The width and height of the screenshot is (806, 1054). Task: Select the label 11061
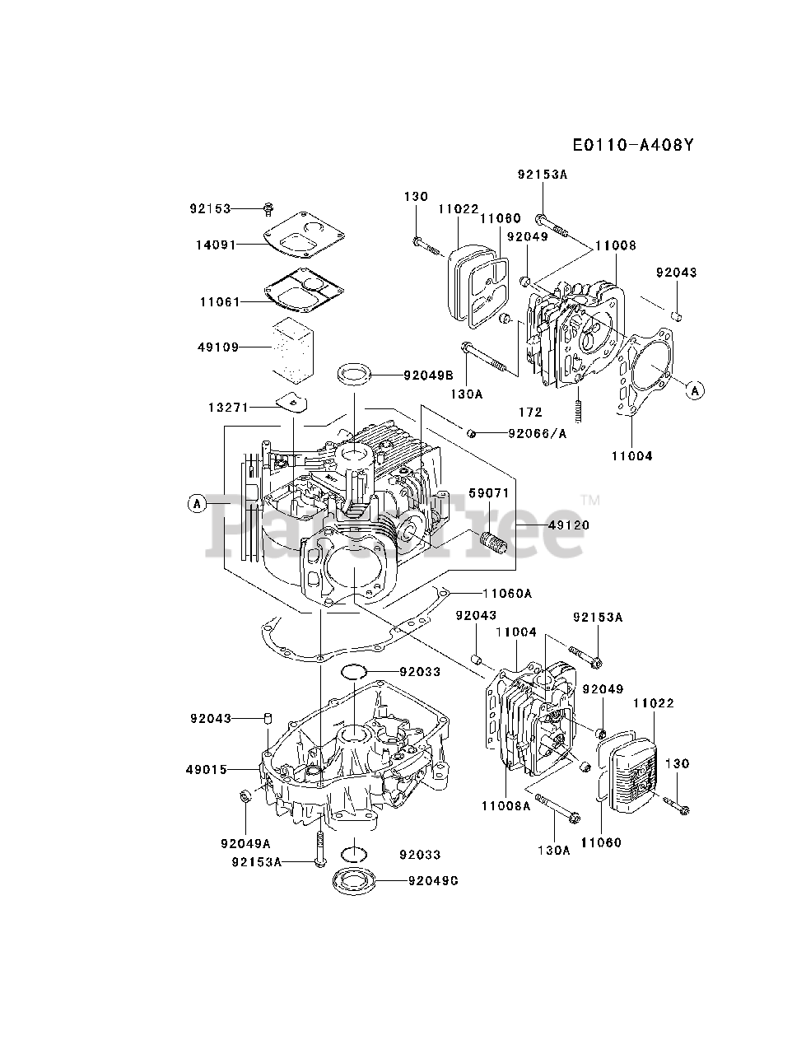(219, 302)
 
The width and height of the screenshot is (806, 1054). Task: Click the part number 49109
(218, 347)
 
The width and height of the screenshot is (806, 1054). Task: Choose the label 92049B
(428, 375)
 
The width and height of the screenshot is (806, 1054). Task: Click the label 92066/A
(538, 433)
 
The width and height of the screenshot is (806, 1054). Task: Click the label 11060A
(507, 592)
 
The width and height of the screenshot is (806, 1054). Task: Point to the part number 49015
(207, 770)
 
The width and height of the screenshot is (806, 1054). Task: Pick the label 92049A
(245, 843)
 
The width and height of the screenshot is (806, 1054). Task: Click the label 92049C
(433, 880)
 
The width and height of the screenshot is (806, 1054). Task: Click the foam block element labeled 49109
(293, 347)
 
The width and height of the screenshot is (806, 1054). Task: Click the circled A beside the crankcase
(196, 503)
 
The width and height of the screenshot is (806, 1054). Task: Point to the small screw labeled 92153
(268, 208)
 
